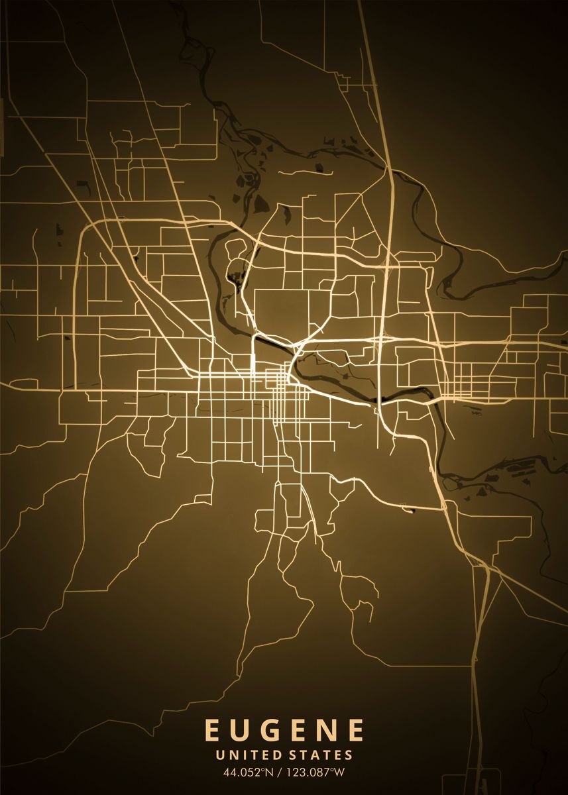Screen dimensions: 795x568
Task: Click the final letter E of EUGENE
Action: (357, 730)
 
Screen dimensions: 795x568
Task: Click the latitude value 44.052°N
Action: (249, 772)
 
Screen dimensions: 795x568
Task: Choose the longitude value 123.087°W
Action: (317, 772)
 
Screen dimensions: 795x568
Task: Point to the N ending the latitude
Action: (271, 772)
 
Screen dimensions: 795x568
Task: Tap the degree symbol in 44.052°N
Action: (264, 769)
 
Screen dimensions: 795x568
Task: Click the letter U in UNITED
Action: (221, 755)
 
